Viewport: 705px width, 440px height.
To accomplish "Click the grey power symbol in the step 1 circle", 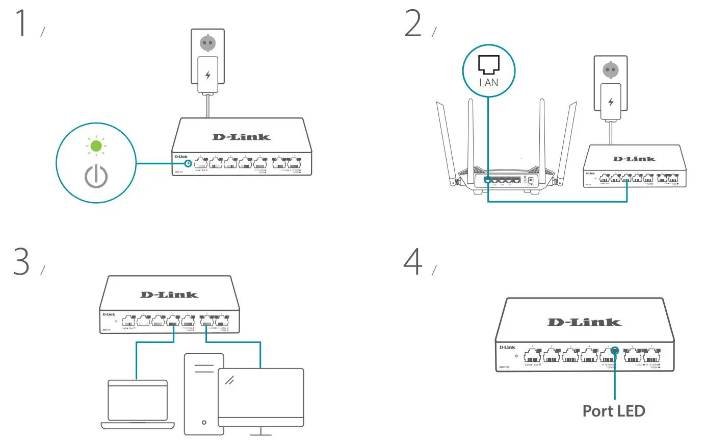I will (x=96, y=176).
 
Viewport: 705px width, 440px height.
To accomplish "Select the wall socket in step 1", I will (x=207, y=43).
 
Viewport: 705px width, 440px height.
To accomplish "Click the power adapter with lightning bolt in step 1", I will (x=207, y=76).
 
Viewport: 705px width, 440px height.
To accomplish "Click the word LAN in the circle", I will (x=488, y=82).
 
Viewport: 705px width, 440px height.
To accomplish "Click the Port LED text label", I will (x=614, y=410).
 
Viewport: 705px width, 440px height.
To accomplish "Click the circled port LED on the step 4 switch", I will (x=615, y=351).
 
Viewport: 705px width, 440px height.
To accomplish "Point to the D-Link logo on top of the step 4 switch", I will (x=584, y=322).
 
